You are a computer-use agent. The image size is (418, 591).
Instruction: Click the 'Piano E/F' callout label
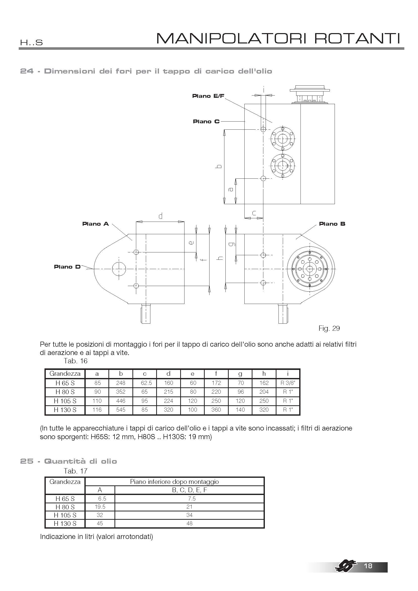click(208, 96)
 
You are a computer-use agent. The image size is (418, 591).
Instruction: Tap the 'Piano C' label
click(206, 122)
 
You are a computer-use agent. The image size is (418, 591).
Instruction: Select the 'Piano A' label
click(96, 224)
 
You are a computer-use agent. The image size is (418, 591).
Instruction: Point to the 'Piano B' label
click(332, 224)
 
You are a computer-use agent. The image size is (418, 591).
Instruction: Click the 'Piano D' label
click(67, 267)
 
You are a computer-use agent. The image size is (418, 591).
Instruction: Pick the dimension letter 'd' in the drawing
click(160, 216)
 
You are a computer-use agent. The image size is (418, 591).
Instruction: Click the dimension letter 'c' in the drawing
click(254, 213)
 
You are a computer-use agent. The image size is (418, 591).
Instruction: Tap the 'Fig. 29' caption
click(329, 328)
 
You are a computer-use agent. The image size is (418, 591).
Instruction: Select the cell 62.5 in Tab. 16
click(146, 383)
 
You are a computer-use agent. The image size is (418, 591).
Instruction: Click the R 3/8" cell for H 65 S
click(288, 383)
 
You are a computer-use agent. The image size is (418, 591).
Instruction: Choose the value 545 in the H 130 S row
click(121, 410)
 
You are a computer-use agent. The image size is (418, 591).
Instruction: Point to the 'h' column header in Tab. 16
click(264, 374)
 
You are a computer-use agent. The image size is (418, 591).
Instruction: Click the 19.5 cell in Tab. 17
click(100, 507)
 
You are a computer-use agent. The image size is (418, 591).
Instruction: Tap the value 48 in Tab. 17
click(190, 523)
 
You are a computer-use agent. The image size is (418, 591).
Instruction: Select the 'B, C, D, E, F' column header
click(190, 490)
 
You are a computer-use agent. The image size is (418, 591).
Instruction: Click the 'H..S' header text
click(31, 42)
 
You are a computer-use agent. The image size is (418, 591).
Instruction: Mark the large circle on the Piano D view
click(119, 269)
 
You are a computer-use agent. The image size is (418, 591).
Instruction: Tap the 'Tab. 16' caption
click(76, 361)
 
